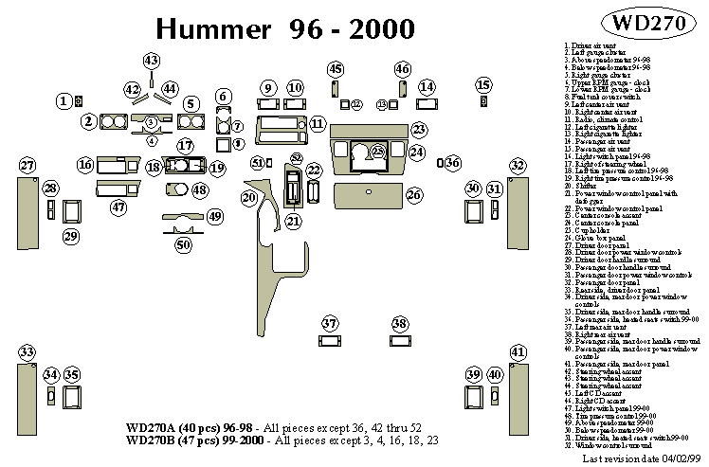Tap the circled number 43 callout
coord(152,61)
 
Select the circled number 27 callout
coord(27,166)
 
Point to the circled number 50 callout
coord(184,244)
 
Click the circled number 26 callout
coord(413,194)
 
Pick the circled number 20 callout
coord(249,197)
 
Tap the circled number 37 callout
coord(329,324)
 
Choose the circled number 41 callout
coord(517,353)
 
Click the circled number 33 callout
coord(27,353)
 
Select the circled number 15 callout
coord(484,86)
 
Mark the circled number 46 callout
coord(403,69)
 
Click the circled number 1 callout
coord(64,100)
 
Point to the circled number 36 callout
coord(453,164)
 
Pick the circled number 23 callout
coord(418,129)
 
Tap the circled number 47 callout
coord(118,207)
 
